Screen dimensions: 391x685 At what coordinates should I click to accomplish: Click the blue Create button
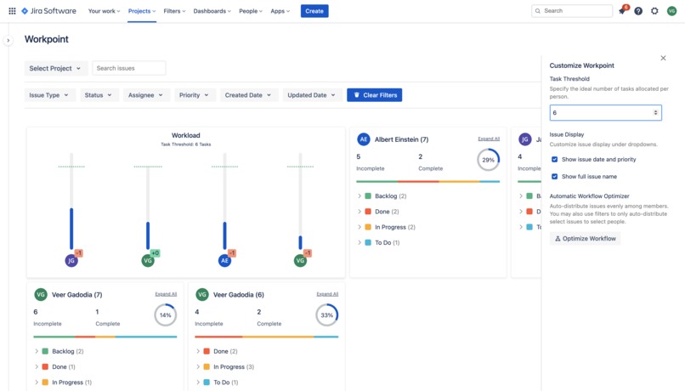click(314, 11)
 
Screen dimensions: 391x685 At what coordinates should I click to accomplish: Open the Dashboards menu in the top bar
click(211, 11)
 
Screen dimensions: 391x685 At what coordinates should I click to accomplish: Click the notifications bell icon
click(621, 11)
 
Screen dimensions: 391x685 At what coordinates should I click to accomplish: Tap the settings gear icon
click(654, 11)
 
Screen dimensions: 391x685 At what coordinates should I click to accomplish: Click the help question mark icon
click(638, 11)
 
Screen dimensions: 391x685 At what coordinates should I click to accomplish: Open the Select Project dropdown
click(55, 68)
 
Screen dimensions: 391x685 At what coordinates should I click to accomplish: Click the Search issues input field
click(129, 68)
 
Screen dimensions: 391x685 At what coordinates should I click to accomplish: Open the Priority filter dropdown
click(194, 95)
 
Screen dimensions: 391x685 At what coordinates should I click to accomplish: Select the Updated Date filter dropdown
click(311, 95)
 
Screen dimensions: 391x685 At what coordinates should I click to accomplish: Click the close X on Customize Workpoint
click(663, 58)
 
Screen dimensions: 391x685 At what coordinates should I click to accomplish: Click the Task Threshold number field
click(602, 112)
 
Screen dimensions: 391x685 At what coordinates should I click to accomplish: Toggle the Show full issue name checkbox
click(555, 177)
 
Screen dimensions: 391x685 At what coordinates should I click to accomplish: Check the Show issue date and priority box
click(555, 159)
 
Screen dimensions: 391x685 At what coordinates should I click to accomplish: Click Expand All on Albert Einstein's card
click(489, 139)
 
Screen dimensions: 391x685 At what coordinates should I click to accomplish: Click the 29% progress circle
click(488, 160)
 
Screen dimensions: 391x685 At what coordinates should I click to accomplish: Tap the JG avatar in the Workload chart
click(71, 261)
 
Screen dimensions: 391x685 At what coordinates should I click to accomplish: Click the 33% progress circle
click(327, 315)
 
